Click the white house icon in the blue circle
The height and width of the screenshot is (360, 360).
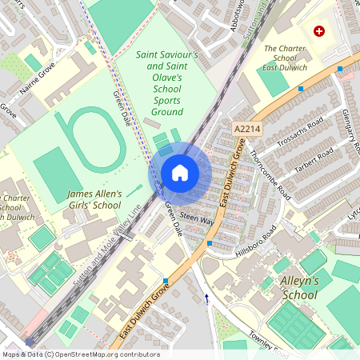(x=179, y=172)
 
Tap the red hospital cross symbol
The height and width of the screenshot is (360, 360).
(x=320, y=31)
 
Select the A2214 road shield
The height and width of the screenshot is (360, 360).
(x=247, y=128)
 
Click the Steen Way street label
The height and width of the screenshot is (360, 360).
(x=197, y=218)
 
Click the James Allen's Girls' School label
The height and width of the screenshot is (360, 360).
(x=94, y=199)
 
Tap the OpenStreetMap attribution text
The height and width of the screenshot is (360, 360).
(x=81, y=354)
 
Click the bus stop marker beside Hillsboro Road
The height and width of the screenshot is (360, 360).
(x=210, y=242)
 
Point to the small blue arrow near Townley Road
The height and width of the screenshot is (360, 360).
(x=207, y=298)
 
